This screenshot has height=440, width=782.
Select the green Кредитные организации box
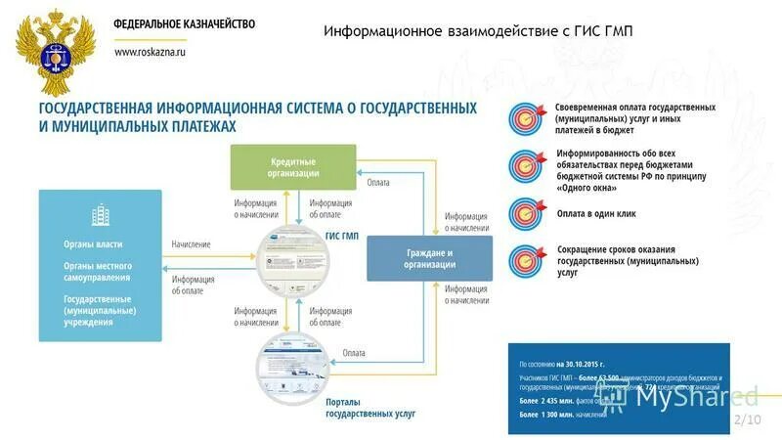[x=293, y=166]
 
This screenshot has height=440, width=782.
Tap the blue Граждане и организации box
[x=431, y=258]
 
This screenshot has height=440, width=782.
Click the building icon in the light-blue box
[x=100, y=215]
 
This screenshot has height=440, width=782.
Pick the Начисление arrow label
[x=191, y=243]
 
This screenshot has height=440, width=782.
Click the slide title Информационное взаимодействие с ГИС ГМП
[x=478, y=31]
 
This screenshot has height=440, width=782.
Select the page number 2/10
[x=746, y=418]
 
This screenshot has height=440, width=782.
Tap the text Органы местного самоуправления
[x=98, y=272]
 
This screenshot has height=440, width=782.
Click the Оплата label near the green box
[x=378, y=182]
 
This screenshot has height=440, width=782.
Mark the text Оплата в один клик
[x=597, y=213]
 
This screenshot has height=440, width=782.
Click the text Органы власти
[x=93, y=243]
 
